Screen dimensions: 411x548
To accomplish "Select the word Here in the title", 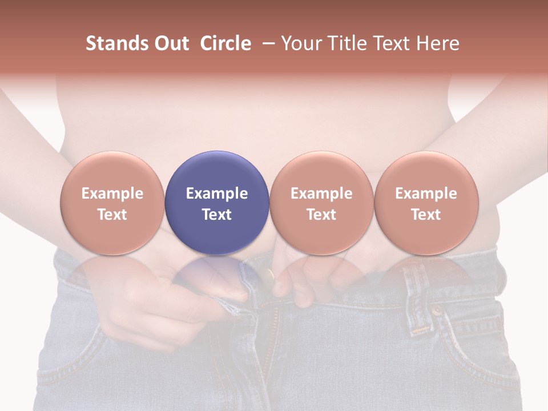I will (437, 43).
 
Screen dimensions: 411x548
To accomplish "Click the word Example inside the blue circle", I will (217, 194).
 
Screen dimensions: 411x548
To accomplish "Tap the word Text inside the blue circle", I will (217, 215).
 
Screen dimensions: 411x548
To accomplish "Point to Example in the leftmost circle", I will (112, 194).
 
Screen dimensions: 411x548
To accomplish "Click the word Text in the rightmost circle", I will (426, 215).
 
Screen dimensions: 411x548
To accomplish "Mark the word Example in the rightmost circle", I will (426, 194).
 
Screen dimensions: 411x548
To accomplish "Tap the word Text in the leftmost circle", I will (112, 215).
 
